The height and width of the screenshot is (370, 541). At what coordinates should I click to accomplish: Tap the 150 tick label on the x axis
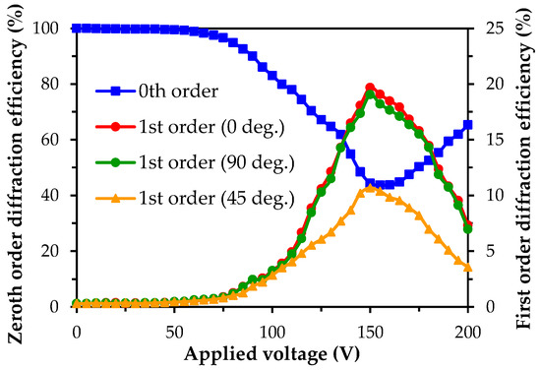click(x=370, y=329)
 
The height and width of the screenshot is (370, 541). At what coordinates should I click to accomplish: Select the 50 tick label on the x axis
click(x=174, y=329)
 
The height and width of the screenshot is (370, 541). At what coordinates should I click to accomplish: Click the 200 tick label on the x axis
click(x=467, y=329)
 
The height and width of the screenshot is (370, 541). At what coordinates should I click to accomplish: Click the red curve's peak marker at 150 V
click(x=370, y=88)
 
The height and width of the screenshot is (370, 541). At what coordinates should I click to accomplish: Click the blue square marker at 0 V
click(x=77, y=28)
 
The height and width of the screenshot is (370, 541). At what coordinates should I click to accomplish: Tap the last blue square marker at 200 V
click(x=467, y=125)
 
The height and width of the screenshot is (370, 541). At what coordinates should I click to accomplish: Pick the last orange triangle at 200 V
click(x=467, y=268)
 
